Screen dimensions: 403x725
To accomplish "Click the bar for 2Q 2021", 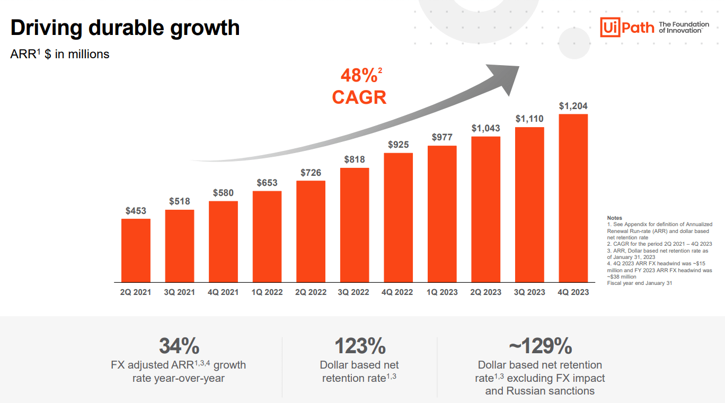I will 136,250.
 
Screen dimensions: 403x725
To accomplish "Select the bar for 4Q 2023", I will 573,198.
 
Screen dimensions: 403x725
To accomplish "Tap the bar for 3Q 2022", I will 355,225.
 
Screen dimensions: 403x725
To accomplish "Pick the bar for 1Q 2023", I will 442,214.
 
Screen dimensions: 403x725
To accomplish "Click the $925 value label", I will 398,145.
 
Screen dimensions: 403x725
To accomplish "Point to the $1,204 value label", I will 573,106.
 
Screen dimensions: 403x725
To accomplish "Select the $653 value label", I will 267,183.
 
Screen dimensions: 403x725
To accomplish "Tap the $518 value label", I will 180,201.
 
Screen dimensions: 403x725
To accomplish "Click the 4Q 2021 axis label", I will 223,292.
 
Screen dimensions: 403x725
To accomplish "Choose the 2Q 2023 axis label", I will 485,292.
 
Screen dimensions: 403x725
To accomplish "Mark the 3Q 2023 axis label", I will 529,292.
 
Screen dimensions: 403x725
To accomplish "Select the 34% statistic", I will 179,346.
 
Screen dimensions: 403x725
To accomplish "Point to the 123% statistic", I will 359,346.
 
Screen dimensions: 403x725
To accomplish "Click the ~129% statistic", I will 540,346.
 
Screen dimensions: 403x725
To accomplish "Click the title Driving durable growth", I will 125,28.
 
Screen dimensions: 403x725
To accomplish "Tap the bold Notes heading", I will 614,218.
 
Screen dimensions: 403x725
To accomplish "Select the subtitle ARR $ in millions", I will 60,54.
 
